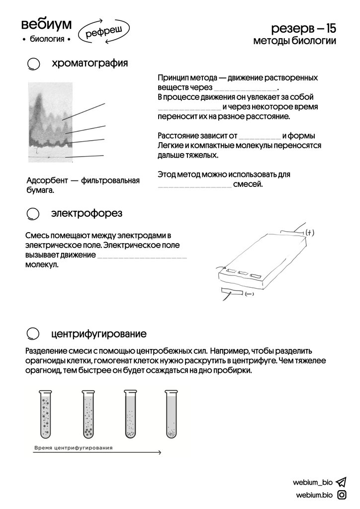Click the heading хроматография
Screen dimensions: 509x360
90,63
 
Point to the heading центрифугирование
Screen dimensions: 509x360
98,333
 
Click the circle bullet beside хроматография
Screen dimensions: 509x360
33,65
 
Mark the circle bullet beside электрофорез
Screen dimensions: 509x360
33,214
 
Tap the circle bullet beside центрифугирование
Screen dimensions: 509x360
33,333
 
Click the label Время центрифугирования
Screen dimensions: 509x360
73,448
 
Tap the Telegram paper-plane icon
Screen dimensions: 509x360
341,482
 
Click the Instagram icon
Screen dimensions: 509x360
342,495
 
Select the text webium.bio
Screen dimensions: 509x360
314,495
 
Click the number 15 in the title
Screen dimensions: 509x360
327,28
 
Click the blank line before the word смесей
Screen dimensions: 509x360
194,186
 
